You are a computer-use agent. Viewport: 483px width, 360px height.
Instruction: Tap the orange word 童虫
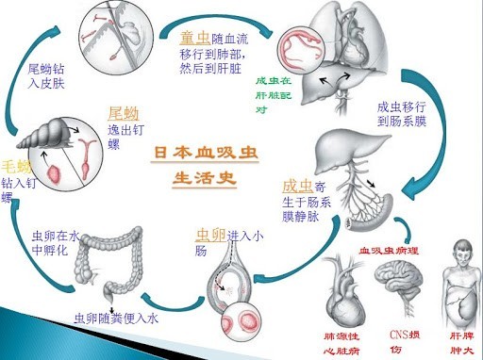[x=192, y=39]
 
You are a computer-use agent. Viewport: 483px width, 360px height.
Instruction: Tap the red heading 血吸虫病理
[x=383, y=252]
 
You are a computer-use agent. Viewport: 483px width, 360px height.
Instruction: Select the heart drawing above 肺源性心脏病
[x=342, y=288]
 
